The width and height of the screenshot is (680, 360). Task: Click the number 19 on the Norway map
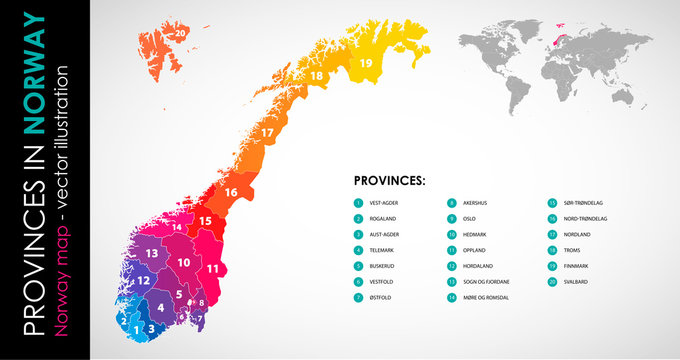click(x=366, y=64)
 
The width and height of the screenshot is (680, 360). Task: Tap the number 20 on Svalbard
click(x=180, y=33)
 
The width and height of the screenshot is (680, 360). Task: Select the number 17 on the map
click(x=267, y=132)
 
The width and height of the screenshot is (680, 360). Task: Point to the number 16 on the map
click(x=230, y=192)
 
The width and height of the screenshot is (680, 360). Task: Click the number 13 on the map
click(x=152, y=254)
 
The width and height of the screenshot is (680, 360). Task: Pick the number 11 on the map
click(x=212, y=268)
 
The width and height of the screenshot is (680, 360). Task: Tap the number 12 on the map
click(x=144, y=280)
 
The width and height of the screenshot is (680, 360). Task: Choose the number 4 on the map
click(x=160, y=308)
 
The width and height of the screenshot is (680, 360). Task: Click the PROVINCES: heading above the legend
click(x=390, y=181)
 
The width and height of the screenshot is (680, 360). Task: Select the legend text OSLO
click(x=470, y=218)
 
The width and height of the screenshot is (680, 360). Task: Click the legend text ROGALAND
click(x=384, y=218)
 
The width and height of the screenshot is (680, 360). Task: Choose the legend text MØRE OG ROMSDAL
click(x=486, y=298)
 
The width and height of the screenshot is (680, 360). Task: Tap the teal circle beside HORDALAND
click(x=452, y=266)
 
